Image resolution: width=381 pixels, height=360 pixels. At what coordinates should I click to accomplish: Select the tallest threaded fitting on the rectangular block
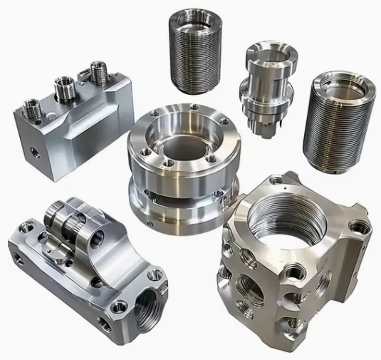[98, 72]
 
